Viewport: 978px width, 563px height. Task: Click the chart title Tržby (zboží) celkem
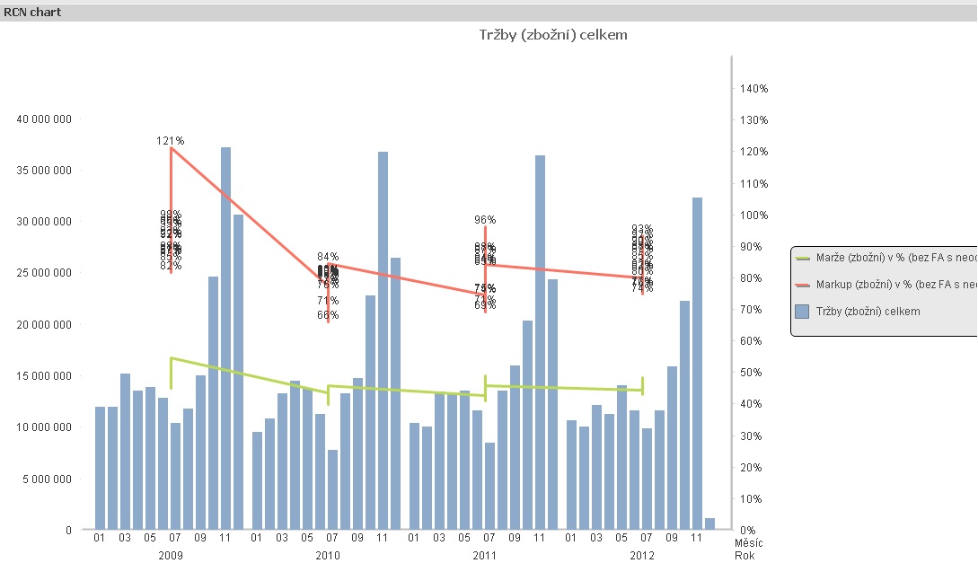552,34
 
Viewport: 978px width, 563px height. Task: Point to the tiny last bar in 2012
709,523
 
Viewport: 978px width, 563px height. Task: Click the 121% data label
170,141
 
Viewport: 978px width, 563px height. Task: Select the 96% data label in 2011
486,219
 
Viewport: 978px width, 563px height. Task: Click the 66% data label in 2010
328,315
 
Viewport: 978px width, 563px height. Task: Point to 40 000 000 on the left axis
45,119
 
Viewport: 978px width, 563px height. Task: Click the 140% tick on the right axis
753,89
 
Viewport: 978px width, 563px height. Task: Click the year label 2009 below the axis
171,556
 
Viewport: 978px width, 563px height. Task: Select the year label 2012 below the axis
641,556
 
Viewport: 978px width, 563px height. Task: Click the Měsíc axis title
746,543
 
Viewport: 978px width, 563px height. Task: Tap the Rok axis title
745,556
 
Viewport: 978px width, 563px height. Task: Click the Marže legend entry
885,258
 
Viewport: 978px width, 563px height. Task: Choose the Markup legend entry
885,285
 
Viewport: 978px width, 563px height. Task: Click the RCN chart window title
33,12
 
